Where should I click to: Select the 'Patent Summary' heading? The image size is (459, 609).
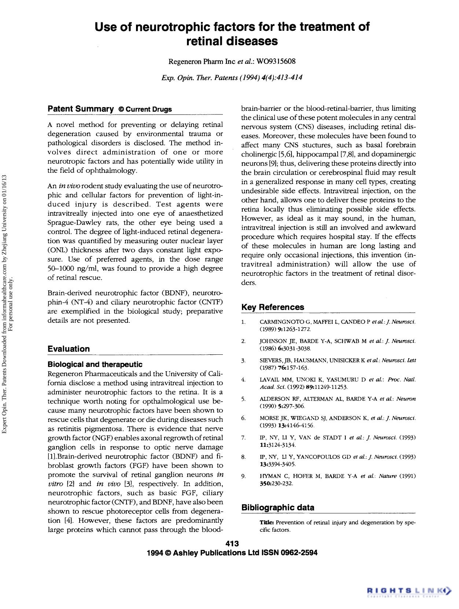81,109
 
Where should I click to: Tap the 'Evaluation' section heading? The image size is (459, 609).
69,349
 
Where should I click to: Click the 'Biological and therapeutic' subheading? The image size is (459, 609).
95,364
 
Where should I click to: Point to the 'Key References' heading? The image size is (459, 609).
273,307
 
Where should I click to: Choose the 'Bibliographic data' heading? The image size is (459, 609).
278,508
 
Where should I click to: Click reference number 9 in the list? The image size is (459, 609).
243,476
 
